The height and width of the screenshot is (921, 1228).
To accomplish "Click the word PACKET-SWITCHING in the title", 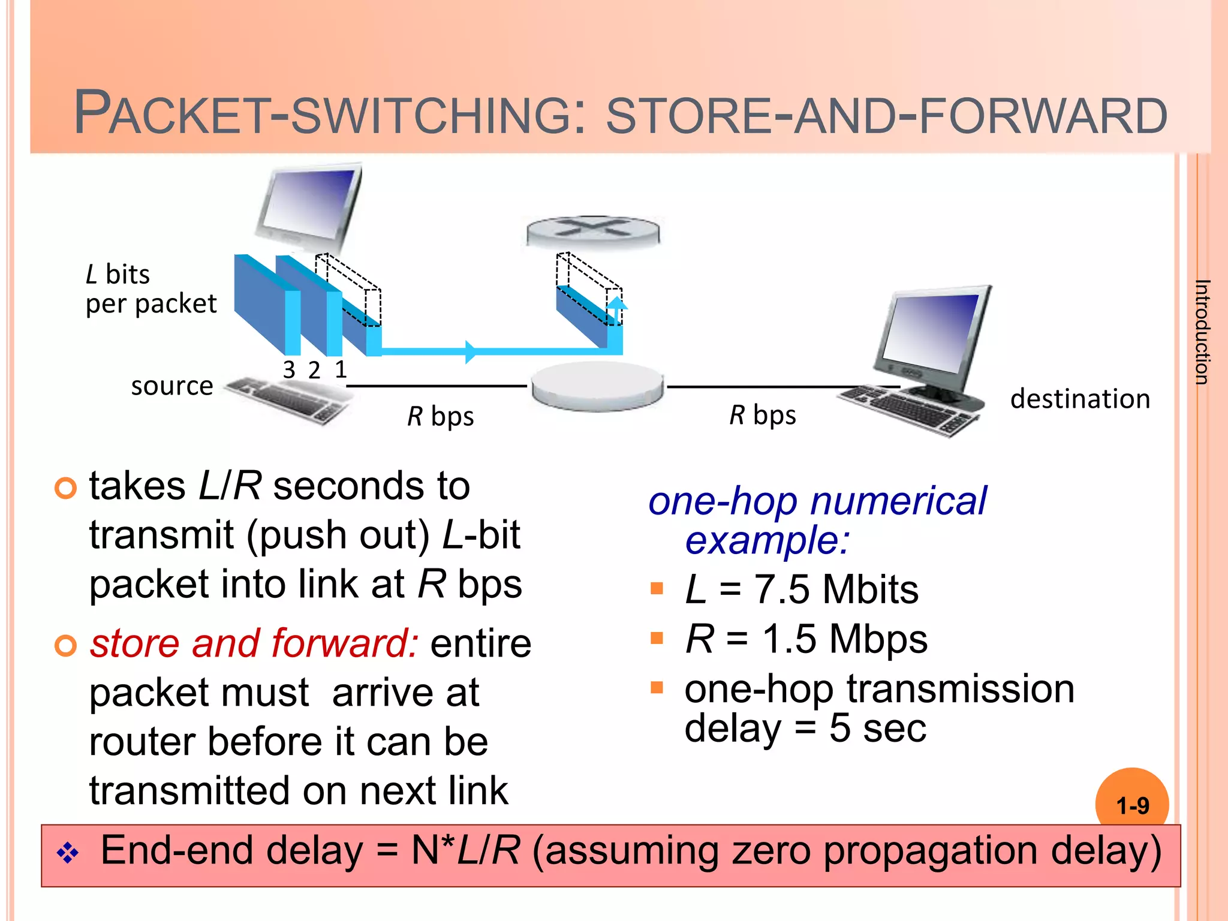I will coord(324,114).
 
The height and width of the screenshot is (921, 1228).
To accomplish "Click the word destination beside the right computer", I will coord(1080,399).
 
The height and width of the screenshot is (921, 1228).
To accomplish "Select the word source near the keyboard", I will coord(172,386).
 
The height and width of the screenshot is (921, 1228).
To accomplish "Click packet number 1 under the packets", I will coord(341,369).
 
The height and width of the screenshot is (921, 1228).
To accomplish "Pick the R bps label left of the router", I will coord(441,416).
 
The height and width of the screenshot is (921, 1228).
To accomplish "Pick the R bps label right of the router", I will coord(763,415).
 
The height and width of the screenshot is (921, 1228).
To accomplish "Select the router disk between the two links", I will coord(597,387).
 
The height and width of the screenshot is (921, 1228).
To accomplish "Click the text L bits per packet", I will coord(150,289).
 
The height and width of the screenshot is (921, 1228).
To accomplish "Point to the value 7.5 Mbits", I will coord(836,589).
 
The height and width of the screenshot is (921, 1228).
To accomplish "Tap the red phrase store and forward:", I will coord(254,643).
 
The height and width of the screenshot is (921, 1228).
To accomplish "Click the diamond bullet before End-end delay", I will coord(68,853).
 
